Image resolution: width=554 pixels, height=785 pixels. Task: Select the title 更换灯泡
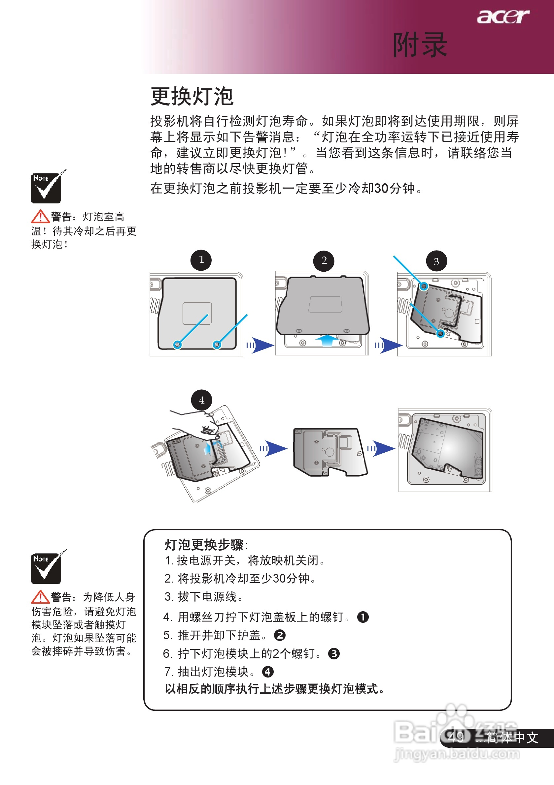tap(192, 96)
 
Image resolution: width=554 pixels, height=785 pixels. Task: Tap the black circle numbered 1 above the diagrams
tap(201, 260)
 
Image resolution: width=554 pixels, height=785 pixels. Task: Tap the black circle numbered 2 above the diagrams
tap(324, 261)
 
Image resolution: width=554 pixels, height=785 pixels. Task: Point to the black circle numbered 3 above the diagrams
tap(436, 261)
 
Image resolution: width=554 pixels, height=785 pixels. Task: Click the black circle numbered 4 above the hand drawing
tap(201, 400)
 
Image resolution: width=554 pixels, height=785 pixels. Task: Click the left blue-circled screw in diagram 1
tap(177, 345)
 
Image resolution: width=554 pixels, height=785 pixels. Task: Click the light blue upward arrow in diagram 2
tap(327, 340)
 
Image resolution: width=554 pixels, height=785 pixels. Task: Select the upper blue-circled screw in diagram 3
tap(424, 286)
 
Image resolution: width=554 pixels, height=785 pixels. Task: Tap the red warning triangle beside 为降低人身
tap(40, 597)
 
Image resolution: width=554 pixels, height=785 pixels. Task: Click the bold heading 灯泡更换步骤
tap(204, 545)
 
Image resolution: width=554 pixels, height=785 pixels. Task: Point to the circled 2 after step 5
tap(280, 635)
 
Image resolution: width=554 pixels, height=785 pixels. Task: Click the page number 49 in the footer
tap(456, 738)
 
